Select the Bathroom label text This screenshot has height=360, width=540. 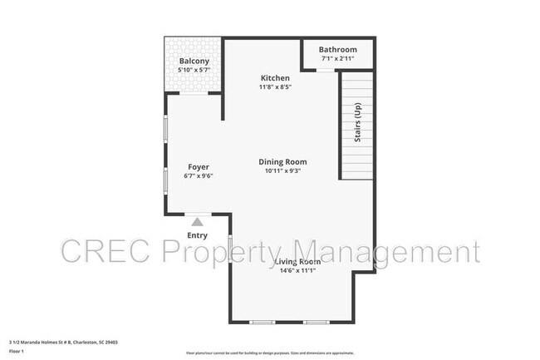338,50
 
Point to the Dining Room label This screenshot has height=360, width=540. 282,162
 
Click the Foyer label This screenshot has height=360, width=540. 198,167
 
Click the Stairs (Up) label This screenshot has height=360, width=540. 357,125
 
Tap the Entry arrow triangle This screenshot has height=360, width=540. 197,222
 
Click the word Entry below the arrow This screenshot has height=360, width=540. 197,235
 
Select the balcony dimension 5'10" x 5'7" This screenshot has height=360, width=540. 194,71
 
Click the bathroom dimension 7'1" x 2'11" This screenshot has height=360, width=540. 338,59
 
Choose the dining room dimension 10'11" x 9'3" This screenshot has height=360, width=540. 282,171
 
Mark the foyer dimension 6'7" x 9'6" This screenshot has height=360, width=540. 198,176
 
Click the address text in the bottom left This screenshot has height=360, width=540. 63,341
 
